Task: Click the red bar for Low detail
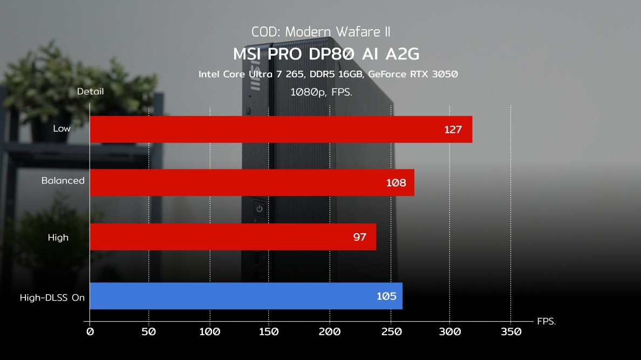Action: tap(281, 130)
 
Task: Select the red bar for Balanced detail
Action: tap(251, 182)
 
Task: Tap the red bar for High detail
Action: tap(233, 237)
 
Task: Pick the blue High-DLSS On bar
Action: tap(246, 296)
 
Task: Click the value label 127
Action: tap(453, 130)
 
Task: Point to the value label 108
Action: tap(396, 183)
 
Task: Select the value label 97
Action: tap(360, 237)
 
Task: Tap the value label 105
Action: tap(386, 296)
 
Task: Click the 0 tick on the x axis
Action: tap(90, 331)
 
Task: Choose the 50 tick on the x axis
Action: tap(149, 331)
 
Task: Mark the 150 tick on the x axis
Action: tap(269, 331)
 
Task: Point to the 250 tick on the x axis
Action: tap(390, 331)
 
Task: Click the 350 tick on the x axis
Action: tap(510, 331)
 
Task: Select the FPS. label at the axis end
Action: tap(546, 321)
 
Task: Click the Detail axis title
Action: tap(90, 92)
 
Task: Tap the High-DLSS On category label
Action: tap(52, 297)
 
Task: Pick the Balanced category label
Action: tap(63, 181)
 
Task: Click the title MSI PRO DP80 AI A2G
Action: tap(326, 55)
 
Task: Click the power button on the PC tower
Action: tap(259, 208)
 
